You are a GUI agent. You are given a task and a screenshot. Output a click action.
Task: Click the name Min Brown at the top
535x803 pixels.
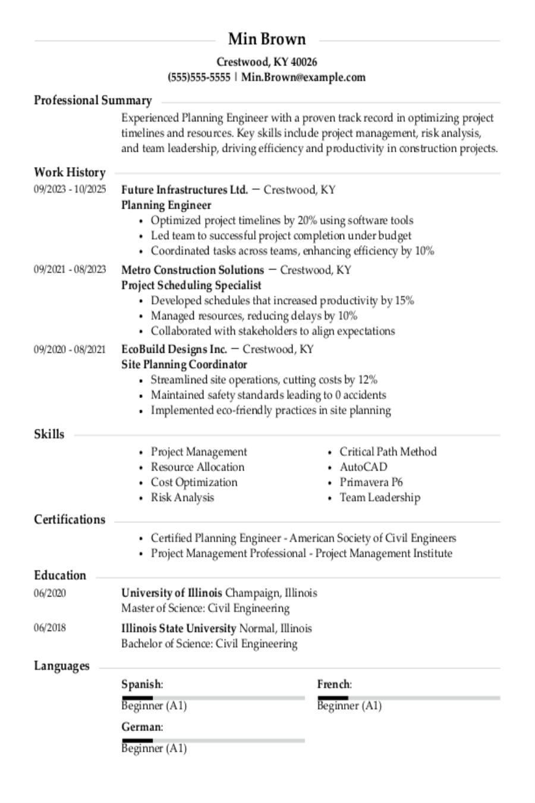click(267, 39)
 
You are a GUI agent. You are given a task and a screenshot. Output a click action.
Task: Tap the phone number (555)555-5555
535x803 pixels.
click(199, 77)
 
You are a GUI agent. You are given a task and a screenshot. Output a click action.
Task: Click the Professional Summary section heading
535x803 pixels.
click(93, 100)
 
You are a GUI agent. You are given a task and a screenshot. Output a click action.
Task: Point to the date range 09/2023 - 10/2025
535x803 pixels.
click(70, 190)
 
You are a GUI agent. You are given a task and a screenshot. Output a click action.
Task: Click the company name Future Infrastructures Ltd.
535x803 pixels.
click(184, 190)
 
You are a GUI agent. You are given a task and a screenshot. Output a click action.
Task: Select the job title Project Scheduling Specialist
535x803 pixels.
click(191, 285)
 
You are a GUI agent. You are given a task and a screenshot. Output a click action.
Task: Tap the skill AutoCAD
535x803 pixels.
click(363, 467)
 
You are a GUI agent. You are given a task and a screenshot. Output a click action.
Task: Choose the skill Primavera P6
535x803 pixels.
click(371, 482)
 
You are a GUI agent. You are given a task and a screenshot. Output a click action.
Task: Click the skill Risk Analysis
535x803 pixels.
click(182, 497)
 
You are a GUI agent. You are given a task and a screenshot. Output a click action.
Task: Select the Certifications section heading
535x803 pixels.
click(70, 519)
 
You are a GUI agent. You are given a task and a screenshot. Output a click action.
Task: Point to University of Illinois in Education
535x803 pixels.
click(172, 593)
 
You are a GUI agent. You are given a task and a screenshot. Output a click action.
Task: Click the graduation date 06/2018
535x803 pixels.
click(50, 628)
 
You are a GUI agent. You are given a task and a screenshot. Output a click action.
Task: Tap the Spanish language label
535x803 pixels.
click(141, 685)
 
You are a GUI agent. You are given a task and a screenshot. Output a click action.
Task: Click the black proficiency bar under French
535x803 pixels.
click(332, 697)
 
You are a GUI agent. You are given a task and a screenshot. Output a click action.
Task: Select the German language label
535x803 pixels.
click(141, 727)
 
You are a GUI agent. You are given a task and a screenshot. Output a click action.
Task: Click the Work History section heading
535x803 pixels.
click(70, 172)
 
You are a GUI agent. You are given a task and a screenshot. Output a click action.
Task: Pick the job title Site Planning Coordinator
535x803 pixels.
click(184, 364)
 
